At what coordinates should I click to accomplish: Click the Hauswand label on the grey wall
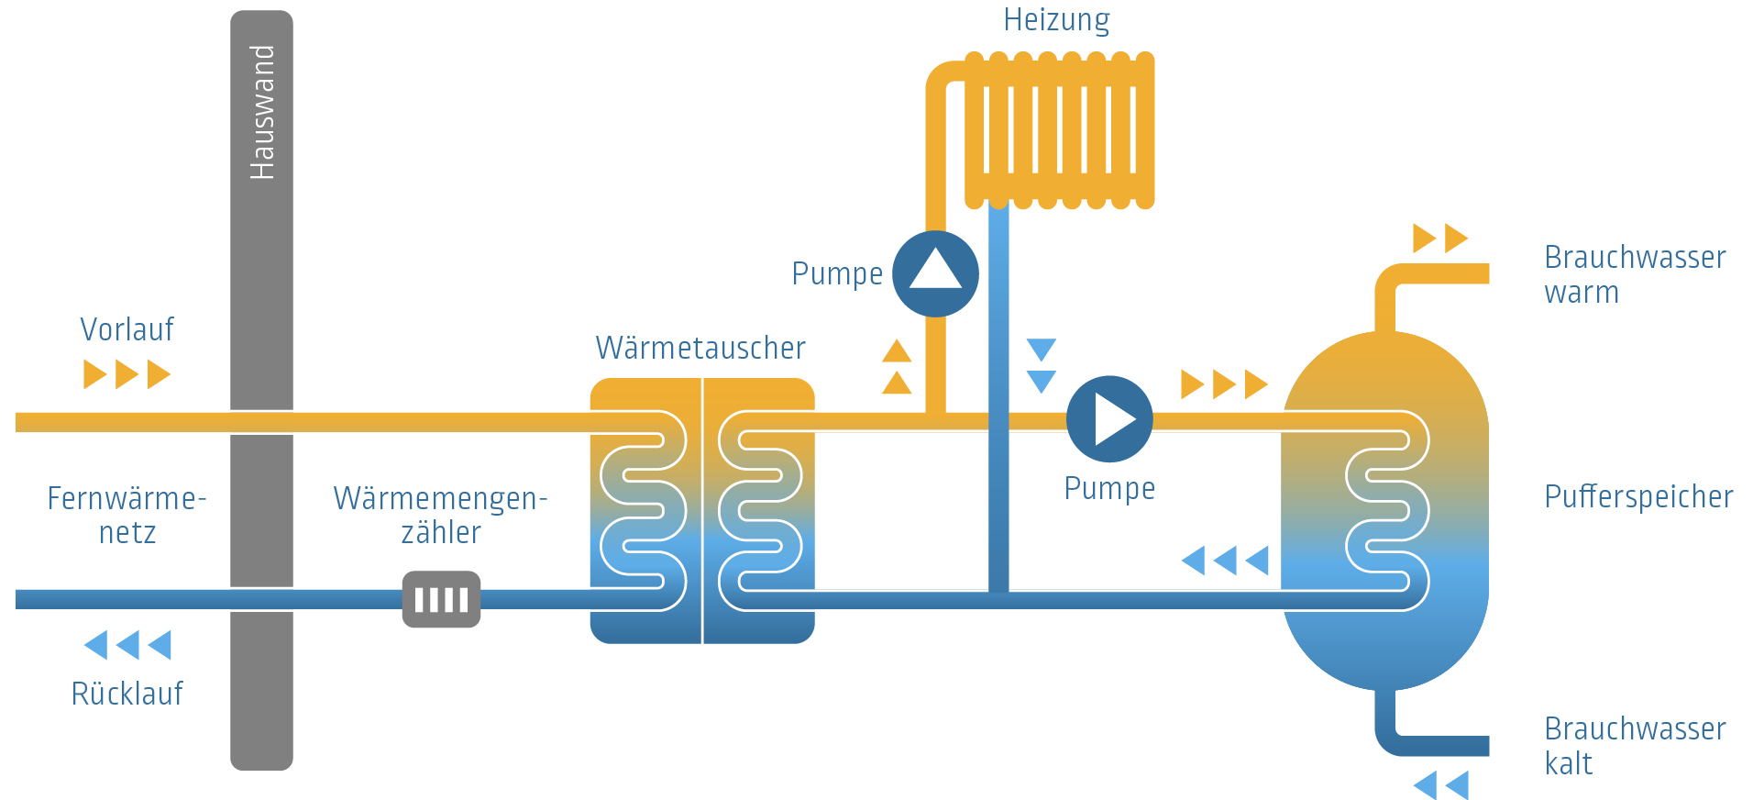click(262, 112)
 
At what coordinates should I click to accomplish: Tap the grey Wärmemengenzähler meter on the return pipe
click(441, 599)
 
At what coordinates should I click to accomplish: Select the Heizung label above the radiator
click(1056, 20)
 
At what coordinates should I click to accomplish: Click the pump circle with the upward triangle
click(935, 273)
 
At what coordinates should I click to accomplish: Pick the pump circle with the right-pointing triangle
click(1109, 419)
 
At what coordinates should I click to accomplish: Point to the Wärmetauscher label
click(700, 349)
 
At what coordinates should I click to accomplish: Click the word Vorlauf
click(127, 329)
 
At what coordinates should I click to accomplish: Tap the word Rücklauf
click(127, 694)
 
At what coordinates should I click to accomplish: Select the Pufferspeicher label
click(1638, 497)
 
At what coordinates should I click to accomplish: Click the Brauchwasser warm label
click(1634, 274)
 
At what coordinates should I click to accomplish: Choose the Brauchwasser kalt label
click(1634, 746)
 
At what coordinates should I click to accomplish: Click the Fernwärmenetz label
click(127, 515)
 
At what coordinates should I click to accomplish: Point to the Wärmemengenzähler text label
click(440, 515)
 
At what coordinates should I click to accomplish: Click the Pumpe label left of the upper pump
click(837, 273)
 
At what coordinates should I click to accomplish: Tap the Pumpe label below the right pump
click(1109, 488)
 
